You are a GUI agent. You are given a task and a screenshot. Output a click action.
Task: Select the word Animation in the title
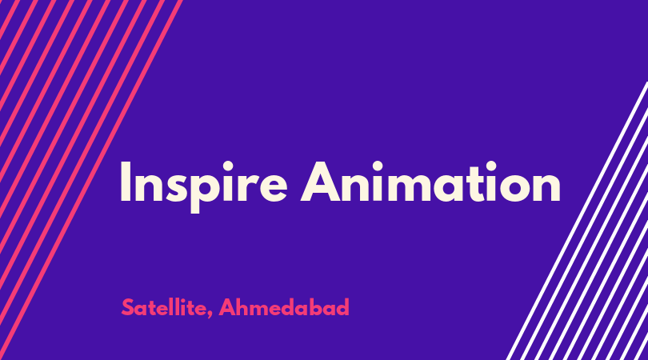click(430, 182)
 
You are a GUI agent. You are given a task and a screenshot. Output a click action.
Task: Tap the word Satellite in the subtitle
click(164, 307)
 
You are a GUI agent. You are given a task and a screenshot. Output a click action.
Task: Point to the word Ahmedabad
click(284, 307)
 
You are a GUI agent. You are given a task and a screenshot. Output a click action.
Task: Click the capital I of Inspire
click(126, 182)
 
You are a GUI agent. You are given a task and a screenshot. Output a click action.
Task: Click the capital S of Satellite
click(128, 307)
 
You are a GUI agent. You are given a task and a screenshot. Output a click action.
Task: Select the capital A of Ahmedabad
click(227, 307)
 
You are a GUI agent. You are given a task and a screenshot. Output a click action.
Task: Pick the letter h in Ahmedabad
click(244, 307)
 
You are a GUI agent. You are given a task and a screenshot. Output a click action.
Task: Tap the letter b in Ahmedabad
click(318, 307)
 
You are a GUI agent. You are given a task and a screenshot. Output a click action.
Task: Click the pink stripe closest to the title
click(90, 180)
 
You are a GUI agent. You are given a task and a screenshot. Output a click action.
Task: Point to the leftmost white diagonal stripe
click(577, 221)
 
